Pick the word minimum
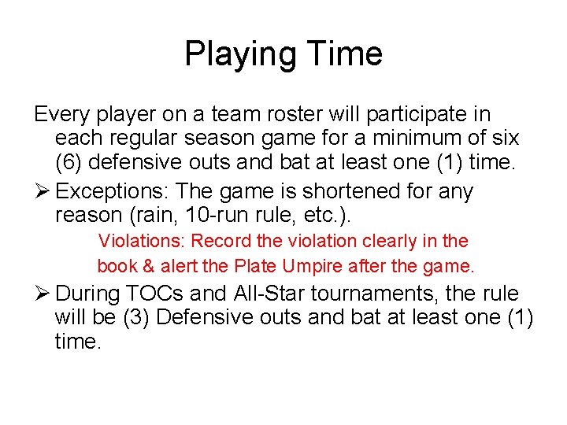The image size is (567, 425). (x=415, y=139)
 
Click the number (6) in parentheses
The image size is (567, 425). (x=71, y=164)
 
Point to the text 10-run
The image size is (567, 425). (x=230, y=215)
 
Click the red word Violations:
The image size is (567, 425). (x=142, y=241)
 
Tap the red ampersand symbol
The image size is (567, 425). (x=146, y=266)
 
